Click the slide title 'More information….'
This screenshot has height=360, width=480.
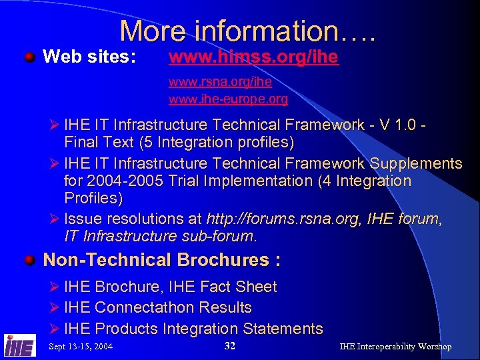(x=247, y=31)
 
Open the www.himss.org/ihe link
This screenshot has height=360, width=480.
(x=253, y=58)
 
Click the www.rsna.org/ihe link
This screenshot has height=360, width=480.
(x=220, y=83)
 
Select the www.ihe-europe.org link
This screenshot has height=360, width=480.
(x=228, y=99)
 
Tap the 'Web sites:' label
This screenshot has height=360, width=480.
(x=89, y=58)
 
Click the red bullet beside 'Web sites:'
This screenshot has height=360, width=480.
(x=30, y=57)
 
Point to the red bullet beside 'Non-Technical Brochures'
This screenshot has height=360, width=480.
(x=30, y=259)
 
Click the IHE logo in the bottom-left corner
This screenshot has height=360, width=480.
(x=19, y=345)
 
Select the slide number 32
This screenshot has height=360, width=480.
(x=230, y=346)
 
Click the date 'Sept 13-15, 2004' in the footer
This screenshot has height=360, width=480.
(x=81, y=347)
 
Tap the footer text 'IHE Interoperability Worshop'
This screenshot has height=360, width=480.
(x=395, y=347)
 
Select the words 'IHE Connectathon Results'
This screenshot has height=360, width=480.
(x=158, y=307)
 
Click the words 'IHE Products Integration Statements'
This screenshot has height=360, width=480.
(x=193, y=329)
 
